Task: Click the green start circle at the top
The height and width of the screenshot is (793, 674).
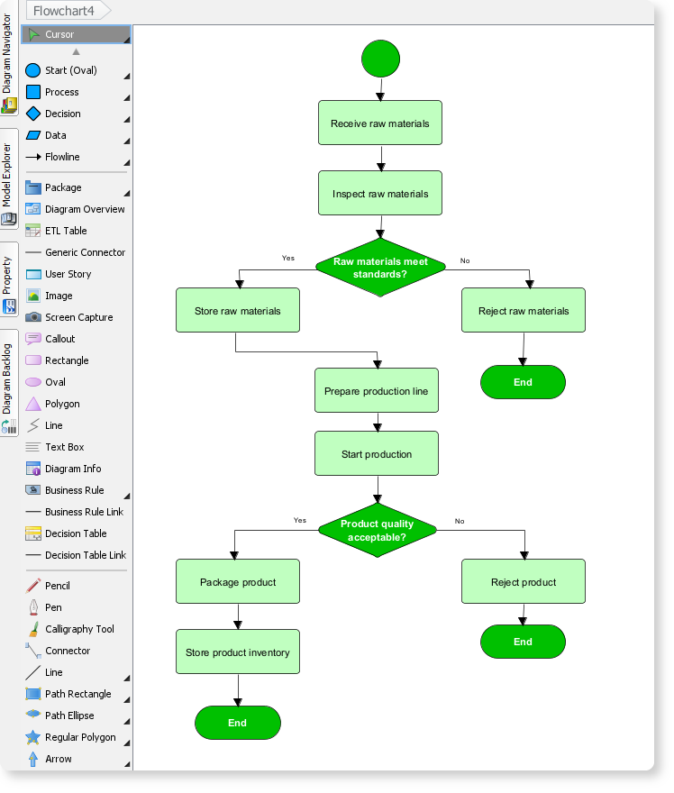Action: pos(380,59)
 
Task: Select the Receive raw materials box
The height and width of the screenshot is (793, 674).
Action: pos(380,123)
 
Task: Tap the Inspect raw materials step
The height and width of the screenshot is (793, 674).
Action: pos(380,194)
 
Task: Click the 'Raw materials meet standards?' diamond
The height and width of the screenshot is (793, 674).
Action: pos(380,268)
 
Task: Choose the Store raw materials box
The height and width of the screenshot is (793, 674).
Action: pos(238,311)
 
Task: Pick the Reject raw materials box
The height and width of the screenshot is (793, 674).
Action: pos(524,311)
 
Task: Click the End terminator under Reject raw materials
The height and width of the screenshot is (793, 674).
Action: pos(523,382)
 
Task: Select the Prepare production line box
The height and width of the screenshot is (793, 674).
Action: pos(377,391)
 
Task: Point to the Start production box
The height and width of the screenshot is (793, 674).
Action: pos(377,454)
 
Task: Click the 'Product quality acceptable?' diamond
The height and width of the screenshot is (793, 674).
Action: pos(378,531)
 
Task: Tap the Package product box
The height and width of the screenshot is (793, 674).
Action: pos(238,582)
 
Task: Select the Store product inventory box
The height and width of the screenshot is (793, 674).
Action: pos(238,652)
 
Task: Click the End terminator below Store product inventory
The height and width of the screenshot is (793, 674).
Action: pos(238,723)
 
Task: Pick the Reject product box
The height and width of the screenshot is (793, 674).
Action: pos(524,582)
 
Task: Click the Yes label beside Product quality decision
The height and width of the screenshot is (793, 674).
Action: pos(300,520)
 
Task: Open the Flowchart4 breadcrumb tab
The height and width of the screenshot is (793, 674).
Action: pos(65,11)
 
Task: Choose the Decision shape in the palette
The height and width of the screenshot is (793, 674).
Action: pos(62,114)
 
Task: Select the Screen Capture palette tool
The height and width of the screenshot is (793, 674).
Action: pos(78,317)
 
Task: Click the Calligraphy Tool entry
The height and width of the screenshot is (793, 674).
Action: pos(79,629)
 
